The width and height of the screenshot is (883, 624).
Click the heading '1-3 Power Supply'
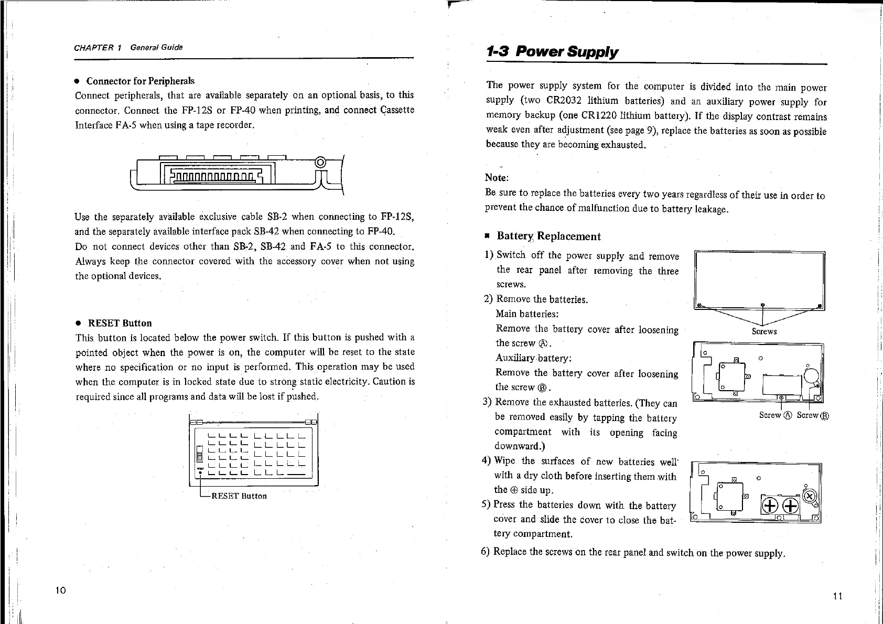click(x=552, y=52)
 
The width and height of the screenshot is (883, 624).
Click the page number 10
click(x=60, y=590)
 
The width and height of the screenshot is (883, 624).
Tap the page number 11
click(x=837, y=596)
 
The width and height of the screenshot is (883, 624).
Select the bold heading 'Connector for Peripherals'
click(x=140, y=81)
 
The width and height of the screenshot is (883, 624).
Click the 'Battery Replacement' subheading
click(x=548, y=236)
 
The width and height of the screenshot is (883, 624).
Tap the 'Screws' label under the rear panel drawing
click(x=764, y=331)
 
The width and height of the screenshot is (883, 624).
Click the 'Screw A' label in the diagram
click(x=775, y=415)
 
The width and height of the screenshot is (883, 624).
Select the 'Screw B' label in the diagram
click(x=812, y=415)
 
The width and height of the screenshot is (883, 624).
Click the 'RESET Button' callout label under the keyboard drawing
click(x=239, y=496)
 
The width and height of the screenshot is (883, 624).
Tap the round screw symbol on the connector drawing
click(x=321, y=162)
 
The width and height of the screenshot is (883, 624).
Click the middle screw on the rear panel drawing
click(x=763, y=304)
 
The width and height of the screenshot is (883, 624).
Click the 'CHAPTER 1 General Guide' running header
click(x=128, y=48)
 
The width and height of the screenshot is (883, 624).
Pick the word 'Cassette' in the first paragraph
click(x=396, y=110)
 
